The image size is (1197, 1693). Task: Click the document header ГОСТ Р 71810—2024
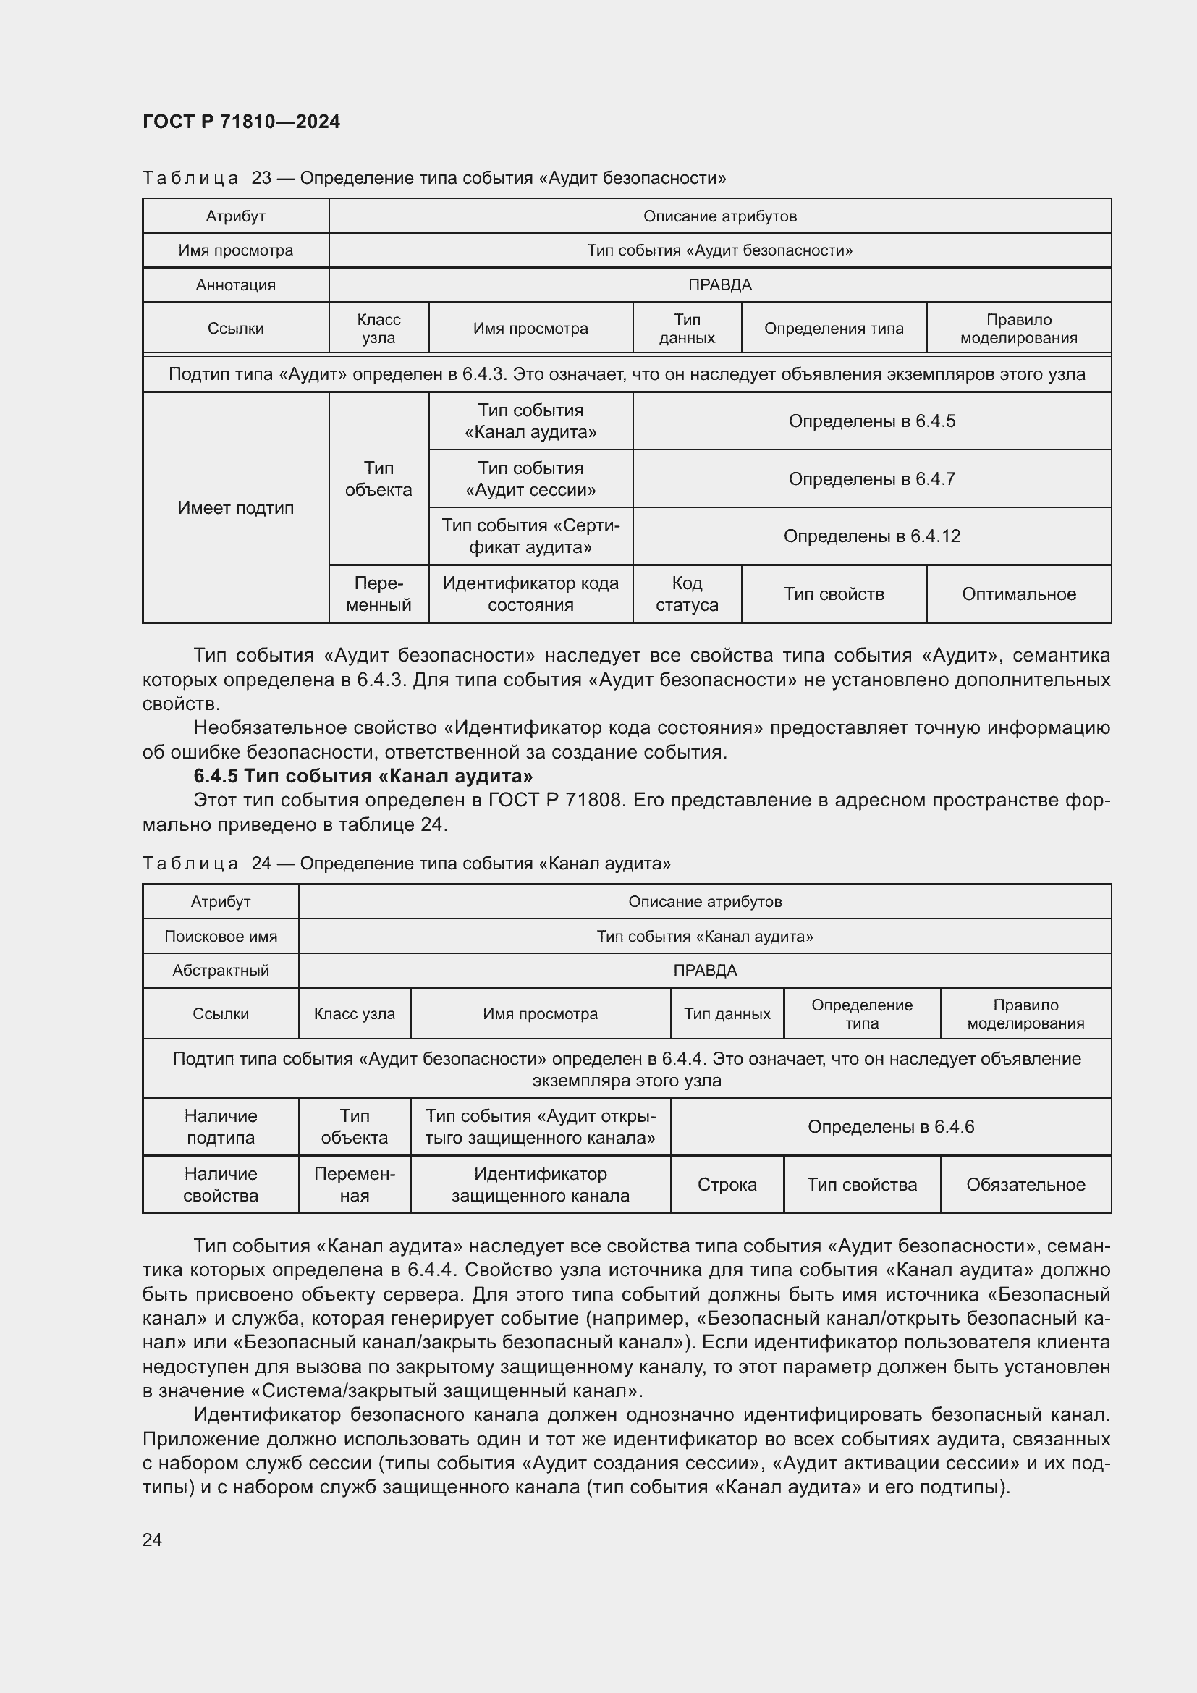(x=241, y=122)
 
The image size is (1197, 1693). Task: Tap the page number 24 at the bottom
(x=152, y=1540)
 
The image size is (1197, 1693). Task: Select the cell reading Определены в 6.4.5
(x=871, y=421)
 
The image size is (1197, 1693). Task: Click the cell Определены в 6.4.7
(x=871, y=478)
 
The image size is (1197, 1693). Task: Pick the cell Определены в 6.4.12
(x=871, y=536)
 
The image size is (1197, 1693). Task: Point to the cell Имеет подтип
(x=235, y=507)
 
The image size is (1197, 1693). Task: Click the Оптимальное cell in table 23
(x=1018, y=594)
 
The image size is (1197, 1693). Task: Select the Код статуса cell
(x=686, y=594)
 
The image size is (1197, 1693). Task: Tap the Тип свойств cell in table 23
(x=833, y=594)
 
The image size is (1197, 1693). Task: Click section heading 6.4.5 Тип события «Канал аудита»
(x=363, y=776)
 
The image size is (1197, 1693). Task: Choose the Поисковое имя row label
(x=221, y=936)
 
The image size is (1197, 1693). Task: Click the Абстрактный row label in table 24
(x=221, y=970)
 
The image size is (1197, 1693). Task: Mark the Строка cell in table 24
(x=727, y=1184)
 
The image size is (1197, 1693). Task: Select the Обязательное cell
(x=1025, y=1184)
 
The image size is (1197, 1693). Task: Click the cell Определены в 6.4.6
(x=890, y=1127)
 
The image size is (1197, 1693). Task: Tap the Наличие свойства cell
(x=221, y=1184)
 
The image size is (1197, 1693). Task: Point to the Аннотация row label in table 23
(x=235, y=284)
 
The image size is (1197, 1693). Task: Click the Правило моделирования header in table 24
(x=1025, y=1014)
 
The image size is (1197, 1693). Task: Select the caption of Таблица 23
(x=434, y=178)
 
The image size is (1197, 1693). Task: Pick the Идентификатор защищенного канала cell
(x=540, y=1184)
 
